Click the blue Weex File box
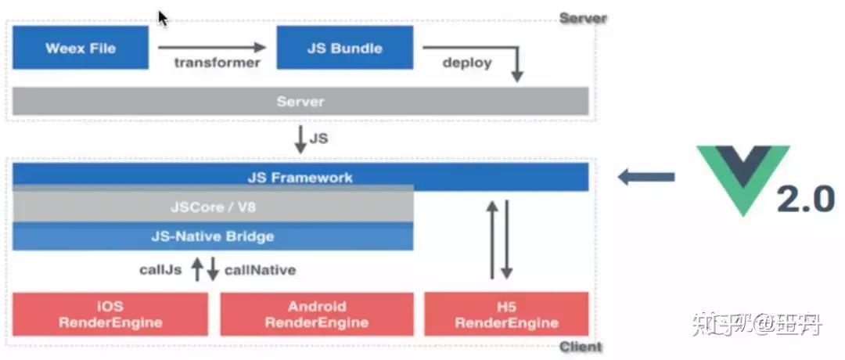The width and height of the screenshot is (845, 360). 81,48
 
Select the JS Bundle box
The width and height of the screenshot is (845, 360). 345,48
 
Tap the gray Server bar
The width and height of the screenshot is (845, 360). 300,101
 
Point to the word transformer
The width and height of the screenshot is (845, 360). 217,63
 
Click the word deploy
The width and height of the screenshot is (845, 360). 467,63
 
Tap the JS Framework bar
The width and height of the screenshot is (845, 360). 300,177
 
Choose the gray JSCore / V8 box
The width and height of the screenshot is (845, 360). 213,207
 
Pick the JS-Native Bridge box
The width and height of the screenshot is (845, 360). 213,236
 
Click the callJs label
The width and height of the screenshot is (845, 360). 162,270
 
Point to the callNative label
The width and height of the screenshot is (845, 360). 260,270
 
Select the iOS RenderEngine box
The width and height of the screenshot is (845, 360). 110,314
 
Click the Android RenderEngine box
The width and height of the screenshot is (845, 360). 317,314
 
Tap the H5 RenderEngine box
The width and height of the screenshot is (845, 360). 506,314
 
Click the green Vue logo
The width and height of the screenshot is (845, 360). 744,176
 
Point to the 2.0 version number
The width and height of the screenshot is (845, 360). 805,200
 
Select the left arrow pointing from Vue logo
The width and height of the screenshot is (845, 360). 645,178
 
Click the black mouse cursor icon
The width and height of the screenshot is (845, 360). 163,18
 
